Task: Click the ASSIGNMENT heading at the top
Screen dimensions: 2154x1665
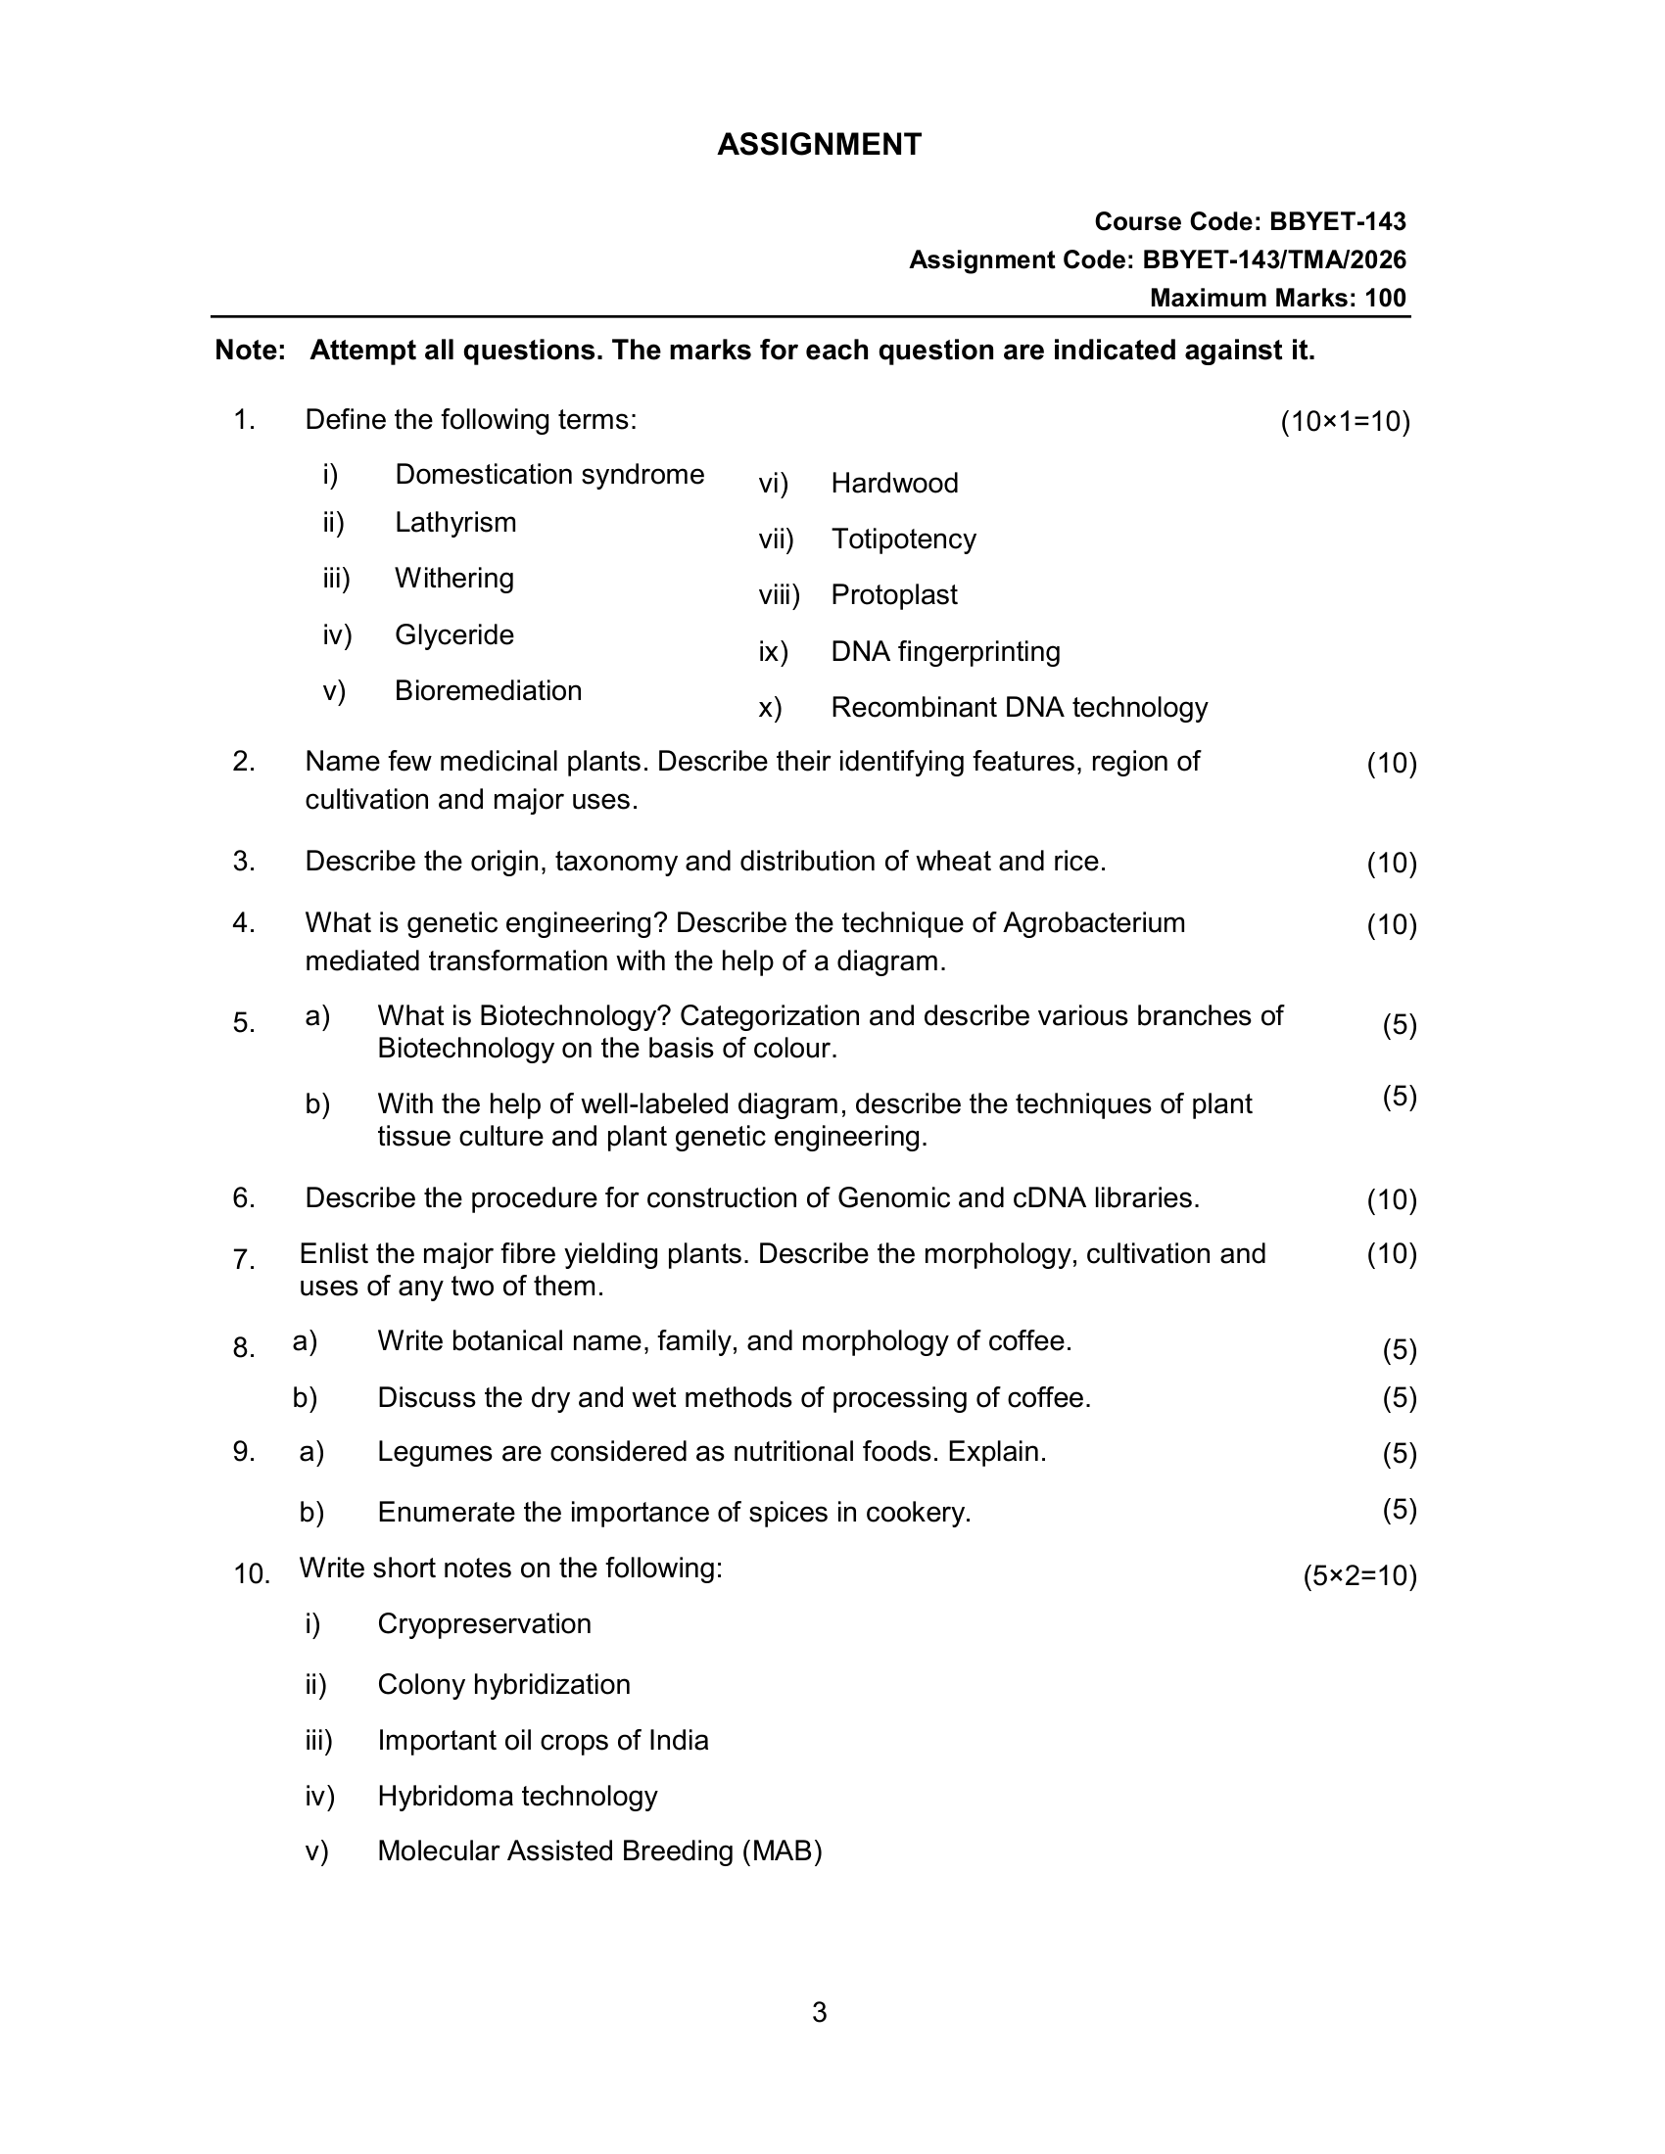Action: pos(819,145)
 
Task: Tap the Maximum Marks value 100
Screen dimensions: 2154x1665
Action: pos(1385,298)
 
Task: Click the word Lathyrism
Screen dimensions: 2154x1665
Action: pos(454,522)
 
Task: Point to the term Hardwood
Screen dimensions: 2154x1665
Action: pos(893,484)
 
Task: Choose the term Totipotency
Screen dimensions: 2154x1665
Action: pos(903,539)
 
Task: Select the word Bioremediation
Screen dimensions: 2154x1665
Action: pos(488,690)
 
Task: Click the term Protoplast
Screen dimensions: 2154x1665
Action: pos(893,594)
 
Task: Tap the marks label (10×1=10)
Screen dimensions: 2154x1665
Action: pos(1345,422)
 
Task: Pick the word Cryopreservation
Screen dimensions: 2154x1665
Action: pos(483,1624)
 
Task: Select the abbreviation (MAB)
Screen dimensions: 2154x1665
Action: pos(783,1851)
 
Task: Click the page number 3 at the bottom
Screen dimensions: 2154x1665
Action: pos(820,2013)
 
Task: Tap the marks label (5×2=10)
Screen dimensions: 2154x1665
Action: pos(1359,1576)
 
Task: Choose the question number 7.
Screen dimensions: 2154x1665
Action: pos(244,1259)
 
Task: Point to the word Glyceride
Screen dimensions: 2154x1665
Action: pos(453,635)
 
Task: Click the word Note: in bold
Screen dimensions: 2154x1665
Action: pos(251,351)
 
